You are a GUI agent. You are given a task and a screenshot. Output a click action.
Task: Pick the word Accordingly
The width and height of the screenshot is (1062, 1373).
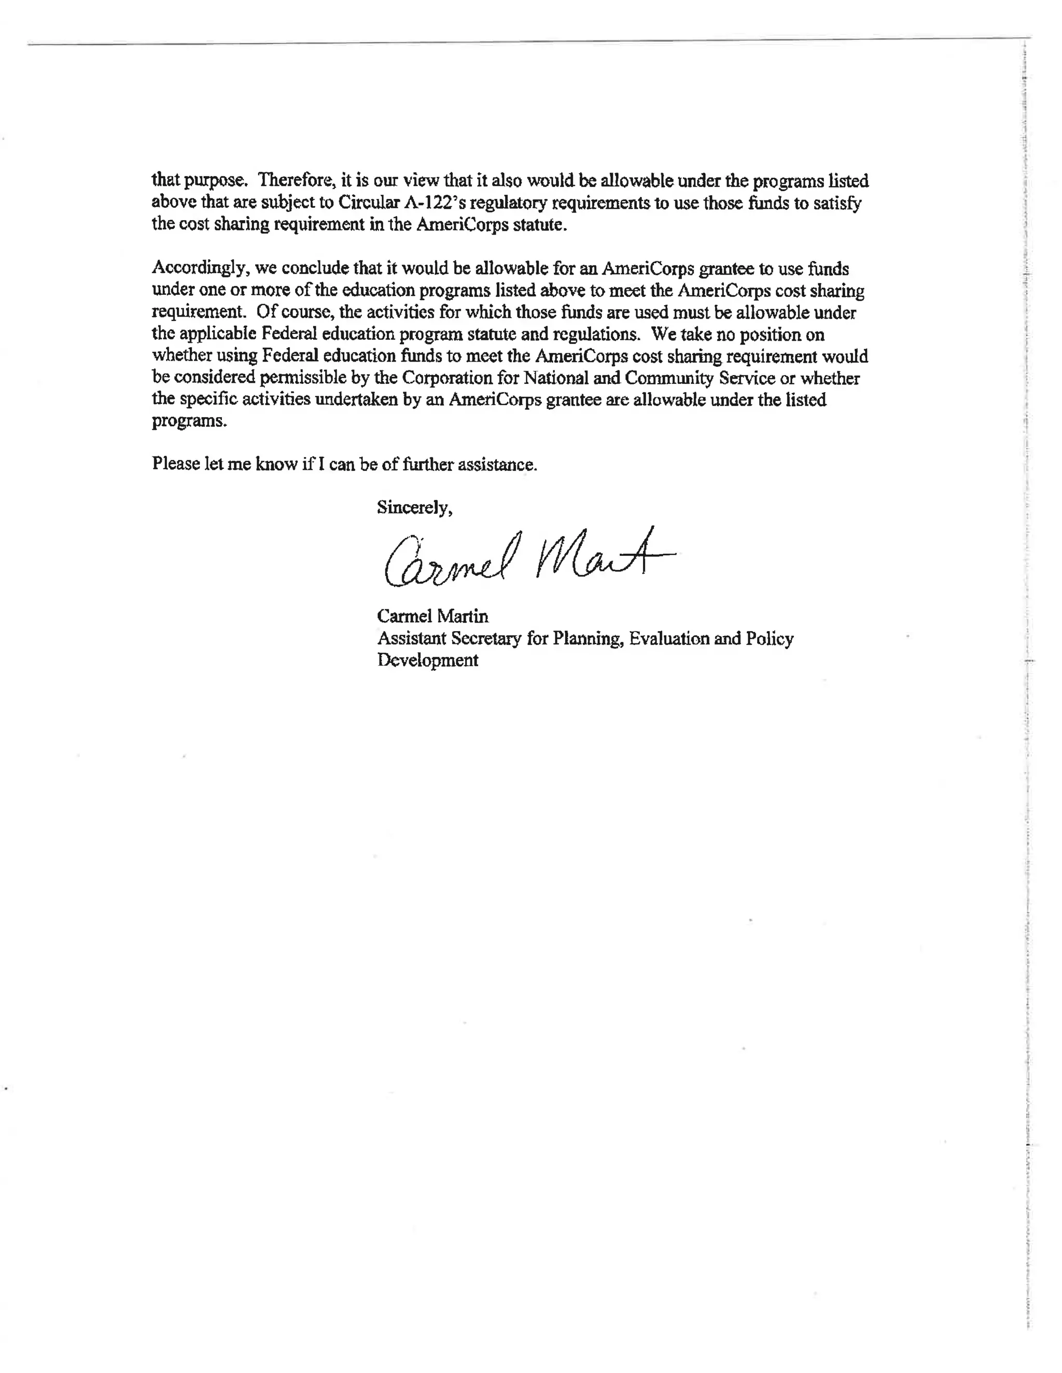coord(201,269)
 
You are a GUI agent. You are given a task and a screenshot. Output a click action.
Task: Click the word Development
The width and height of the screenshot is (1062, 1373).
coord(427,660)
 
